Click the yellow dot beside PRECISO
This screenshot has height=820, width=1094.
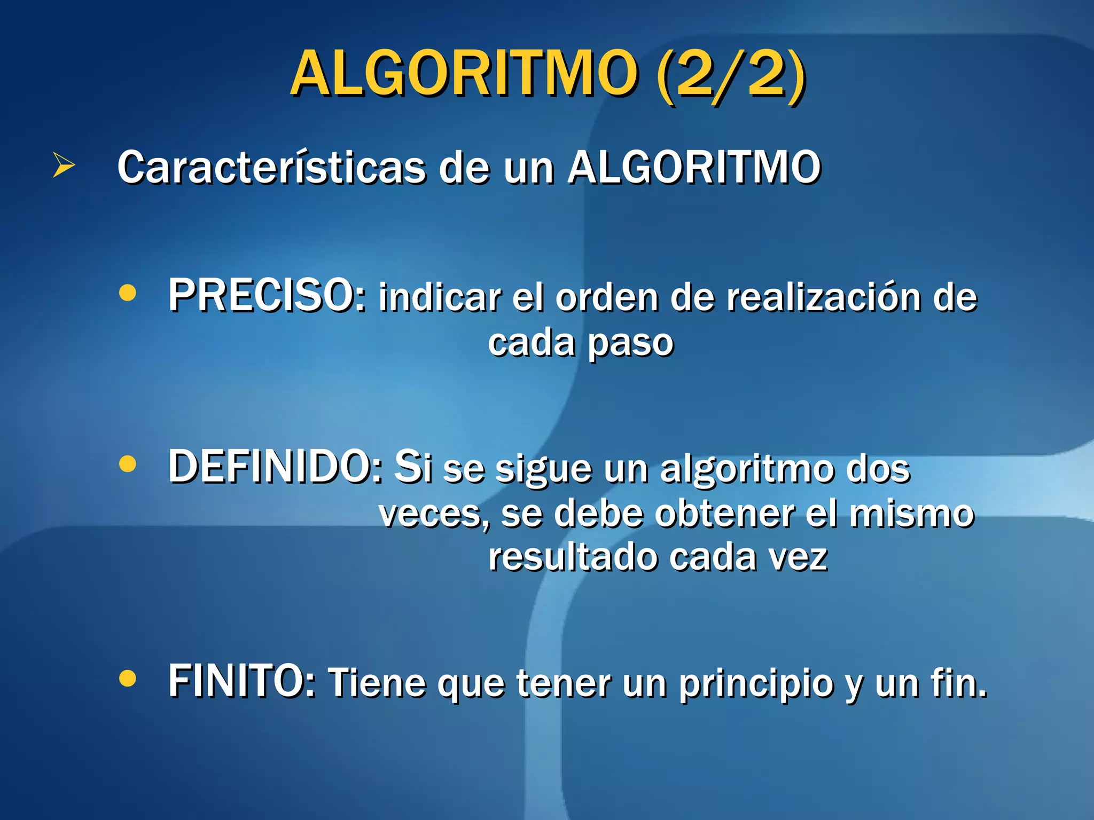[x=128, y=293]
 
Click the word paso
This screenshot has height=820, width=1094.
[x=630, y=343]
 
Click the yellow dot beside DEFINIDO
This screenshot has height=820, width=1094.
[x=128, y=464]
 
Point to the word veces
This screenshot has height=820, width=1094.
[x=433, y=514]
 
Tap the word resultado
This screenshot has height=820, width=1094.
[x=573, y=557]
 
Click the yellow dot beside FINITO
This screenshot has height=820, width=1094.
[x=128, y=679]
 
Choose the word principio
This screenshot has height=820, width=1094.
[x=756, y=684]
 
